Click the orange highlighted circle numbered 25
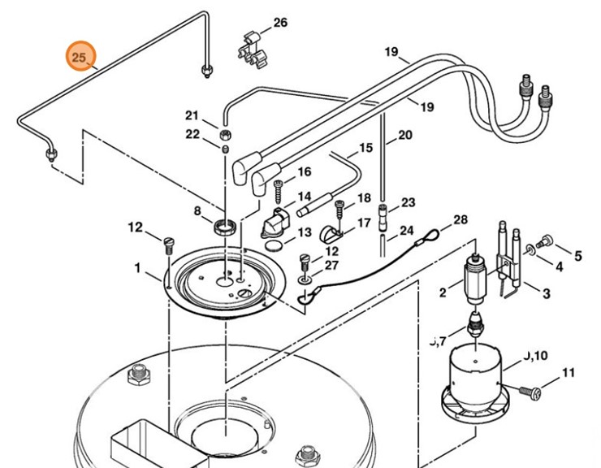tap(79, 57)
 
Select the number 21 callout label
tap(192, 115)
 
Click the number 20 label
tap(404, 135)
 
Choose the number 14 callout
tap(304, 197)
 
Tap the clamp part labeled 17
tap(329, 233)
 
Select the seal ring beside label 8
tap(226, 225)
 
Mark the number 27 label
tap(331, 266)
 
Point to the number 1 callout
tap(138, 267)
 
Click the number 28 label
tap(460, 220)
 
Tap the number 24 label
tap(406, 231)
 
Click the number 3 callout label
tap(546, 293)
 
